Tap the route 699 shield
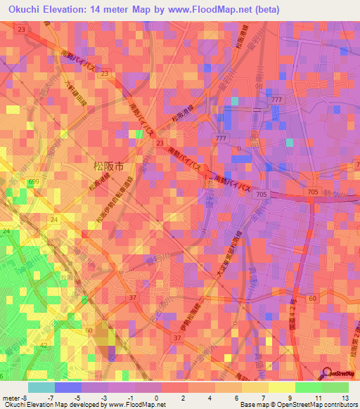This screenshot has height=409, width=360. [x=33, y=182]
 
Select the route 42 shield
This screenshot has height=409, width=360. [x=44, y=346]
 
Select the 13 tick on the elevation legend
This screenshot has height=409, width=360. [x=345, y=398]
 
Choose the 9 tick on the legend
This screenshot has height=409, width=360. [x=290, y=398]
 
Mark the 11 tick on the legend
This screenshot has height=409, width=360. [x=318, y=398]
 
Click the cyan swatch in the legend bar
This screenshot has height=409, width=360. [x=41, y=387]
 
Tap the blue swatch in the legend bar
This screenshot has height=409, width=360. [x=68, y=387]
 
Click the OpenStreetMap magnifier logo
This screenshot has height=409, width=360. [x=328, y=375]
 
